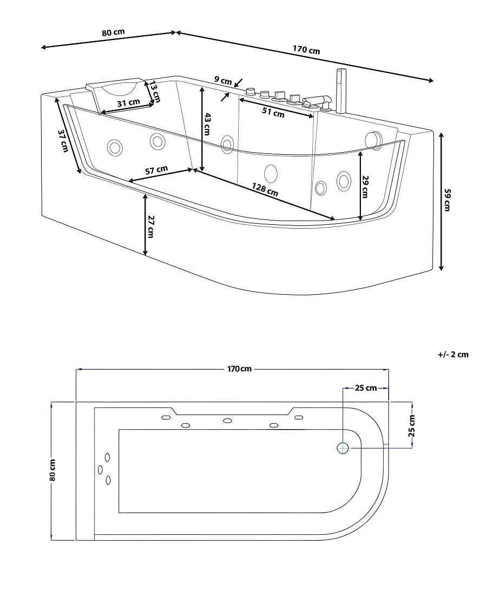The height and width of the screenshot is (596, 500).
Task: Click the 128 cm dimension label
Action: [x=265, y=189]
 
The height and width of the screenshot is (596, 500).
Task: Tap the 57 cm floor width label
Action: [x=156, y=170]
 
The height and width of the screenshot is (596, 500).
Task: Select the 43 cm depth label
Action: [x=207, y=124]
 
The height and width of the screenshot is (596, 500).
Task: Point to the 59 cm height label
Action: [x=447, y=200]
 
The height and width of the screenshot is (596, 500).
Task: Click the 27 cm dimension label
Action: [x=150, y=226]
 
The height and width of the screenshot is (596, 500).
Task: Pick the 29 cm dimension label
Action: [x=365, y=186]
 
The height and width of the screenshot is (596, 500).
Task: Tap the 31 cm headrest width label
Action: [x=128, y=102]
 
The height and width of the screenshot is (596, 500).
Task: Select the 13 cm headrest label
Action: [x=155, y=92]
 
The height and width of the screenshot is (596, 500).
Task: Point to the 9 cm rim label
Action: [x=223, y=81]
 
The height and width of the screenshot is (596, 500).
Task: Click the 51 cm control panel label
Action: [x=273, y=112]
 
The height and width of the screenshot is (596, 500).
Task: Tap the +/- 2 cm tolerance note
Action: [x=453, y=355]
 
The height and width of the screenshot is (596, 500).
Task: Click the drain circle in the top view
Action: [x=343, y=448]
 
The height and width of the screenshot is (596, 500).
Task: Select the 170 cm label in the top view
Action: [x=240, y=368]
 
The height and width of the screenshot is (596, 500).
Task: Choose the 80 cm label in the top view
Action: [x=52, y=470]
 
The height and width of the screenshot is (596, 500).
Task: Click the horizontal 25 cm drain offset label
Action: [x=366, y=388]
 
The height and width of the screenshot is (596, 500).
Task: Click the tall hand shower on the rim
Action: [x=341, y=90]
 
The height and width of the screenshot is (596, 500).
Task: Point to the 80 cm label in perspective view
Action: [x=113, y=33]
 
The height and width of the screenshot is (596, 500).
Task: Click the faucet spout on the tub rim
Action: [x=317, y=102]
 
